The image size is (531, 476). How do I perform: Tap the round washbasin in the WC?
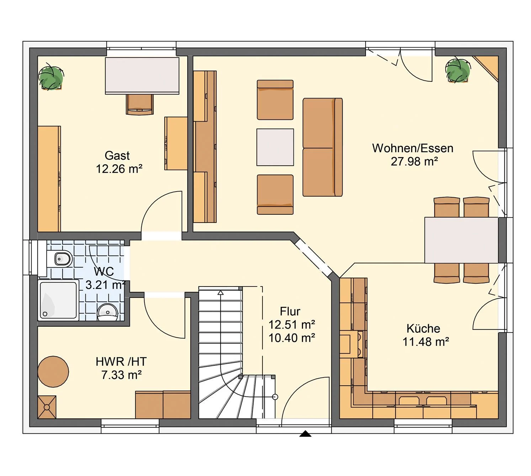[107, 312]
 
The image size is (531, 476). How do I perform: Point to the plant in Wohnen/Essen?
[457, 70]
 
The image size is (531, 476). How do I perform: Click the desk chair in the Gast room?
[139, 104]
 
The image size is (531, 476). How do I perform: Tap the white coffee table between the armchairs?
[275, 147]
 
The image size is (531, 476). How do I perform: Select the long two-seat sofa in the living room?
[322, 147]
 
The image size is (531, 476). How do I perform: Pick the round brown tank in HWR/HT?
[53, 371]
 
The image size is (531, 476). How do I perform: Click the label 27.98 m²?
[414, 161]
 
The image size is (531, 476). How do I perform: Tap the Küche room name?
[423, 328]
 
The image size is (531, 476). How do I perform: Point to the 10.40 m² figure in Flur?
[291, 338]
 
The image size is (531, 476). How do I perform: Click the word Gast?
[117, 156]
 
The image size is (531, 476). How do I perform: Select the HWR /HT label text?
[121, 362]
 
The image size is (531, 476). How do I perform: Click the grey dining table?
[461, 240]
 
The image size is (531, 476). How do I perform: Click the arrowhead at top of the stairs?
[221, 293]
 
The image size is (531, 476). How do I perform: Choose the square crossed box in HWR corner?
[47, 407]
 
